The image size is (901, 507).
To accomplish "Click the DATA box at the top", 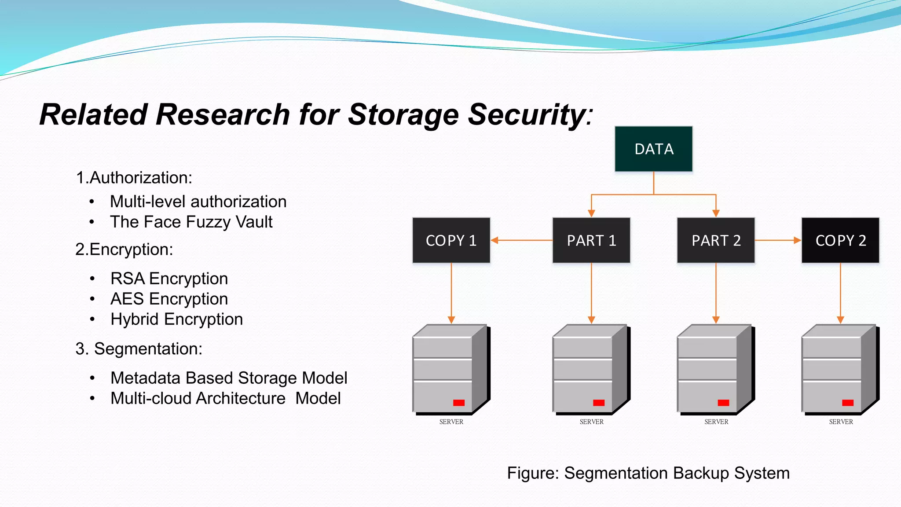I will (653, 149).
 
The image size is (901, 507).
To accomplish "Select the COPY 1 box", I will (451, 240).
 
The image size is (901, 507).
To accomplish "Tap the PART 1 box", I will (591, 240).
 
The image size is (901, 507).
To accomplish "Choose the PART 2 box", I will (716, 240).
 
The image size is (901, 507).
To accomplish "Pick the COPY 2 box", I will (840, 240).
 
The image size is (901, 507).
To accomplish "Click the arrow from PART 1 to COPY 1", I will (521, 240).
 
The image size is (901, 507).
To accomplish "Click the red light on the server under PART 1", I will (598, 403).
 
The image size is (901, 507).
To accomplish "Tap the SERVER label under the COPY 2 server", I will (841, 422).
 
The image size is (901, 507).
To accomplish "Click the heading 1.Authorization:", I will (134, 178).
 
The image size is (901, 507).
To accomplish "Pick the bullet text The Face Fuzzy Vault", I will (191, 222).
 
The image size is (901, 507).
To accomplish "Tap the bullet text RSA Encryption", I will (169, 279).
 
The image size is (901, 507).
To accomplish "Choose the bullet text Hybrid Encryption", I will (176, 319).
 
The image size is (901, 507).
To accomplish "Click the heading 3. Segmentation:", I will (139, 349).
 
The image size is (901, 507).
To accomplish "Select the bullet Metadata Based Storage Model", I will (229, 378).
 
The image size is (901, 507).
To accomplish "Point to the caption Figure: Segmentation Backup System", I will (648, 473).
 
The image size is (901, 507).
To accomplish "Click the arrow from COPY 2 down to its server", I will (840, 293).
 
